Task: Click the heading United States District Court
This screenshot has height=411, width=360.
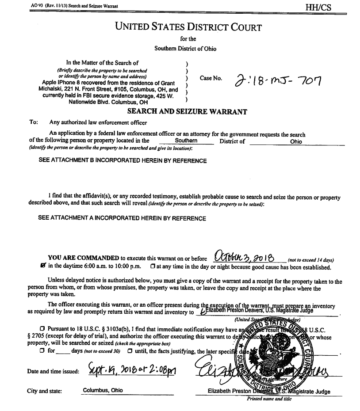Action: click(x=188, y=27)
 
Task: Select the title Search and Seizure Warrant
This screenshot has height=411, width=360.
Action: click(x=187, y=112)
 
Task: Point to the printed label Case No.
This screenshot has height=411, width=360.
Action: click(x=211, y=78)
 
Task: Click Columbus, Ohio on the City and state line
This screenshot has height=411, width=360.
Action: click(x=103, y=390)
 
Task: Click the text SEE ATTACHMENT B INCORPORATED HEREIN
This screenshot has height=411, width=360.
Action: click(x=123, y=161)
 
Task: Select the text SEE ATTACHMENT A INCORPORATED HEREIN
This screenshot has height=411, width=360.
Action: click(x=122, y=218)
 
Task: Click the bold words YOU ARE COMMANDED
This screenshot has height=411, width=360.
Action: click(x=84, y=258)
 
